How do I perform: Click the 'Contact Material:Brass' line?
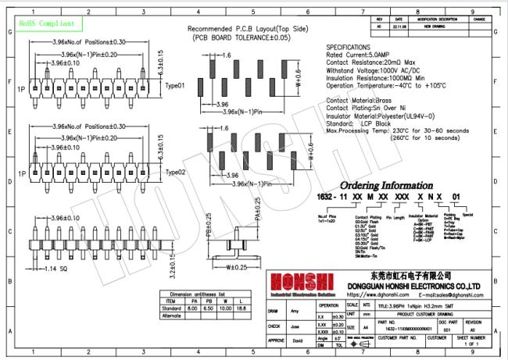coord(361,101)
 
